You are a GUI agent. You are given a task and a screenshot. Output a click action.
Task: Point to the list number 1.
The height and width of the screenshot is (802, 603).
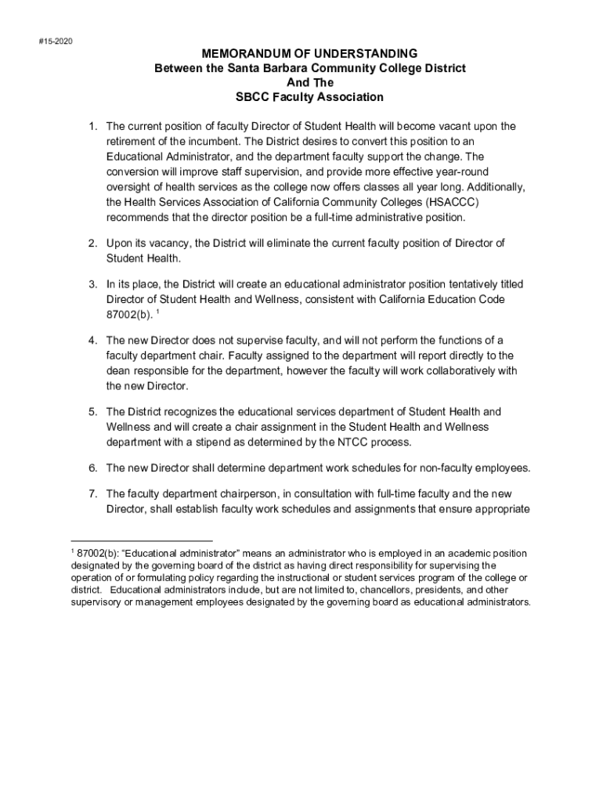click(92, 126)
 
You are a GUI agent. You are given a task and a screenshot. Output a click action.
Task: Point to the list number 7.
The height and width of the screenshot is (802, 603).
click(92, 494)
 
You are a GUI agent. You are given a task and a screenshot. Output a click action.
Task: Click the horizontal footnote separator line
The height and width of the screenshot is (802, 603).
click(142, 540)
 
